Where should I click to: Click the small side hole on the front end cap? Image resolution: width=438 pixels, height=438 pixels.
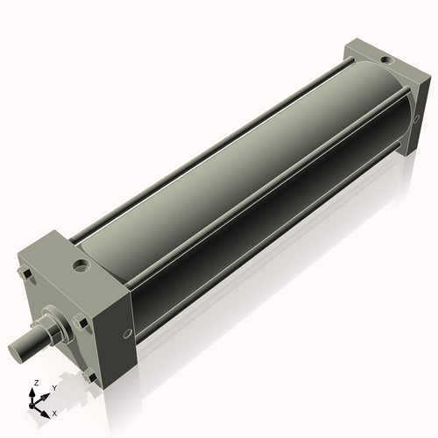[x=128, y=333]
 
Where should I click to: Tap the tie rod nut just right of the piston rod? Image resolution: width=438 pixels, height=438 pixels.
[x=82, y=323]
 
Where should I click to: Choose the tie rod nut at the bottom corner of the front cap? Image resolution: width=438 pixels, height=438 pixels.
[x=90, y=378]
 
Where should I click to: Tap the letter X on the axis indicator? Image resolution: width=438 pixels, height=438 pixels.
[x=54, y=412]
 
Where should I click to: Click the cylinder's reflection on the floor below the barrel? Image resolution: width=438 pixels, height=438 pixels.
[x=263, y=289]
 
